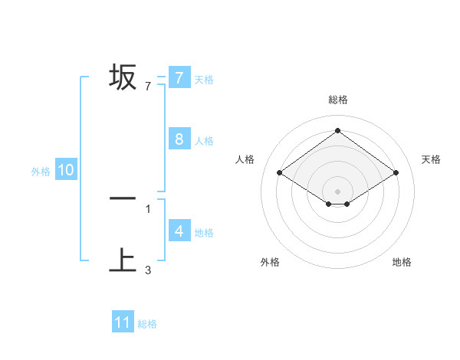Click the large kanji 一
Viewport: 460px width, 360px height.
[x=123, y=198]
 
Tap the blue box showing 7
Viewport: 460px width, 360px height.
[x=179, y=78]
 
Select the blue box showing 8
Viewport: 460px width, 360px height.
[x=179, y=139]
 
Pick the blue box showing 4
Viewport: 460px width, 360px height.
[x=179, y=231]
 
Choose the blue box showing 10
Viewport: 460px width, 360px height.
[x=66, y=171]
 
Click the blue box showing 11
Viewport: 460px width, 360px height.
[x=123, y=322]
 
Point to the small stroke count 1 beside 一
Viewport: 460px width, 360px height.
[x=148, y=208]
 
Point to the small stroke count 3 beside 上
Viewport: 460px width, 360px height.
[x=148, y=270]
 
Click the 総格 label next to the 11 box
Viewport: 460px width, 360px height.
[x=147, y=324]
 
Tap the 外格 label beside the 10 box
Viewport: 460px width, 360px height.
[x=41, y=172]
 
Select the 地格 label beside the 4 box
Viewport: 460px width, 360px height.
[x=204, y=232]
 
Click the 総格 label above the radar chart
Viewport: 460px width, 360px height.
[x=338, y=100]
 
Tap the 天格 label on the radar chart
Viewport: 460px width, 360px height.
[x=431, y=159]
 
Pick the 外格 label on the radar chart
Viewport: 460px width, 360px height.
[x=270, y=262]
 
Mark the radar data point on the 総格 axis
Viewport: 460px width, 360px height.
[x=337, y=131]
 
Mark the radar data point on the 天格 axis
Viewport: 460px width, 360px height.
[x=396, y=173]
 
